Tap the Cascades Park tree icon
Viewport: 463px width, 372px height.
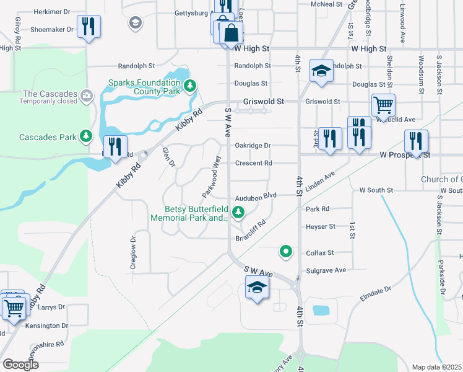click(86, 136)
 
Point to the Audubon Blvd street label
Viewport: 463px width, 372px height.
click(255, 195)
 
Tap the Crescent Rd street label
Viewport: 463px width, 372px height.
click(253, 164)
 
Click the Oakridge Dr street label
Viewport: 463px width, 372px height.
click(253, 146)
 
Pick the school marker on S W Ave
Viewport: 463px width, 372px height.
click(257, 288)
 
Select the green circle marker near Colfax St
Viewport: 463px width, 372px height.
click(285, 251)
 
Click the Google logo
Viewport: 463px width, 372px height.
click(20, 365)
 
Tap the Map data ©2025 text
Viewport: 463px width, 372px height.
click(436, 367)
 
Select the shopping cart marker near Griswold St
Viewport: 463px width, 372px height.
click(383, 105)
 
